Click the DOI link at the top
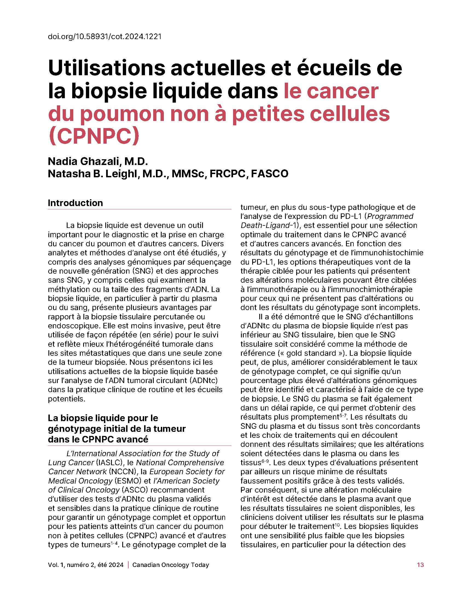(x=104, y=37)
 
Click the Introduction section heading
(x=75, y=203)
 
